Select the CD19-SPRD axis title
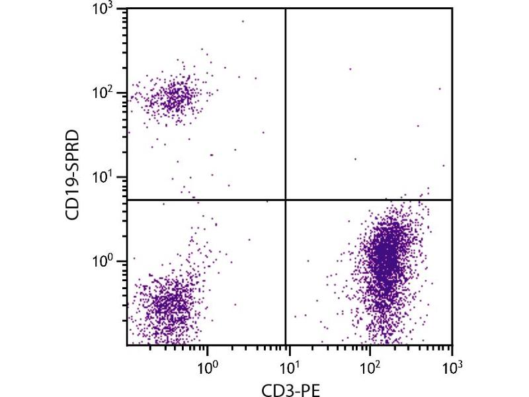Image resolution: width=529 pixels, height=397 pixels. point(75,177)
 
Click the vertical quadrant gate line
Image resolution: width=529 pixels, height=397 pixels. point(286,106)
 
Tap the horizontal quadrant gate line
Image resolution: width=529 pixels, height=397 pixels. point(370,199)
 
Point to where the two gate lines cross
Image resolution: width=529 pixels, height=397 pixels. point(286,199)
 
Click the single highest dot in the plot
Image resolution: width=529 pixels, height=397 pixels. point(243,21)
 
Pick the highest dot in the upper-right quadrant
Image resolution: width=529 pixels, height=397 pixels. point(350,68)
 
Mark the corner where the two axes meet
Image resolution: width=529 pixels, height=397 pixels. point(127,345)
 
